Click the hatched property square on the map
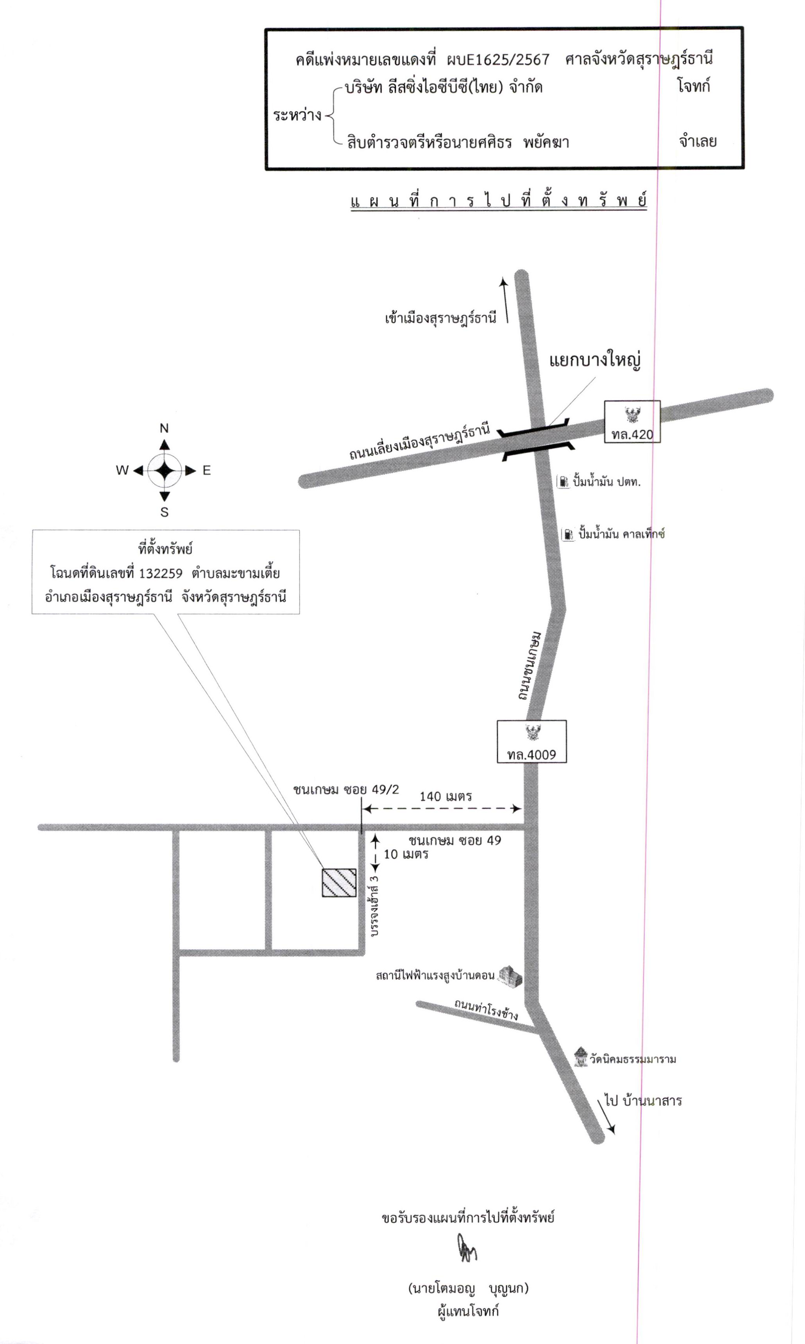click(x=339, y=883)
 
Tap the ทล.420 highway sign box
click(x=633, y=422)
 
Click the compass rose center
click(x=165, y=470)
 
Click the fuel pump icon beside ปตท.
click(x=563, y=481)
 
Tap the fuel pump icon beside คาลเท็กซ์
click(x=568, y=534)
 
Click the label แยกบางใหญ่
click(x=595, y=359)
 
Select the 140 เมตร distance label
click(x=445, y=796)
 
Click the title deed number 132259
click(x=161, y=573)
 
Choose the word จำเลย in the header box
click(x=698, y=141)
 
